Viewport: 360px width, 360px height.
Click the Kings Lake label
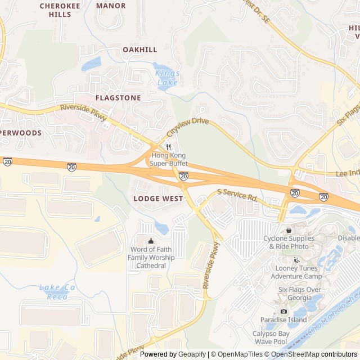167,78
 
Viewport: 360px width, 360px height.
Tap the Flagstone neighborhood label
118,97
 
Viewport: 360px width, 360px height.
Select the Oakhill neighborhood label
140,49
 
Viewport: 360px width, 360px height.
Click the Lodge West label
158,199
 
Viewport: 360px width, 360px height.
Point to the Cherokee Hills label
56,10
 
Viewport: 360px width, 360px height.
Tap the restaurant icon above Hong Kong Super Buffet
168,146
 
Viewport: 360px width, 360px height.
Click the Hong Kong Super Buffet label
168,159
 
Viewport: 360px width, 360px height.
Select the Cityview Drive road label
188,129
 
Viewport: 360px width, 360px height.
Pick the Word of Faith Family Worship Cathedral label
151,258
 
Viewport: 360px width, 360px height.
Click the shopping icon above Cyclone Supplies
289,229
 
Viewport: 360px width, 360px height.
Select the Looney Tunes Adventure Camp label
296,272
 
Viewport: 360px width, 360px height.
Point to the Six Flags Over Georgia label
299,294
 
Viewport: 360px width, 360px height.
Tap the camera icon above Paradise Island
283,311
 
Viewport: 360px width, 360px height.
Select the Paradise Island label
283,319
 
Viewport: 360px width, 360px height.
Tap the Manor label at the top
111,6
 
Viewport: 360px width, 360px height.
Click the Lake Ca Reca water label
57,292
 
